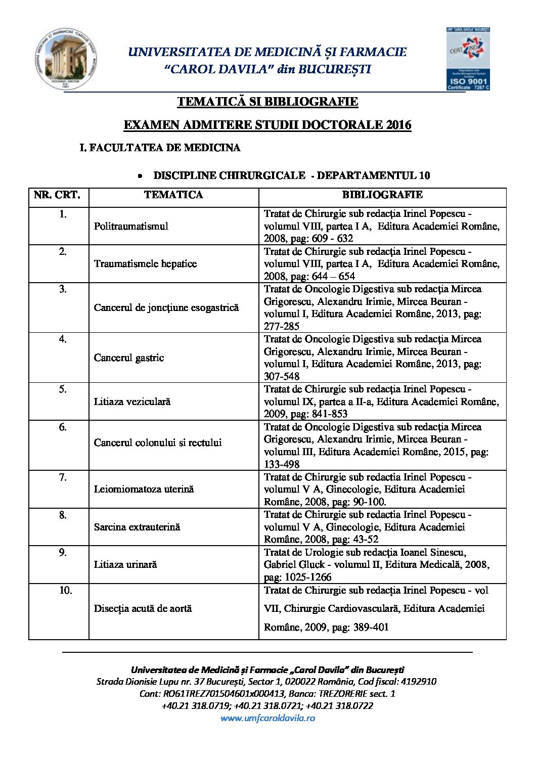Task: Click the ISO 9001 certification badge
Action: pyautogui.click(x=468, y=59)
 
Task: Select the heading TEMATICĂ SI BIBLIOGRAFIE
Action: pyautogui.click(x=268, y=102)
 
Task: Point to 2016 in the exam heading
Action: pyautogui.click(x=398, y=125)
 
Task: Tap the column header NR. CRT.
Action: pyautogui.click(x=57, y=195)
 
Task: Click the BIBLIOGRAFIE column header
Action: pyautogui.click(x=382, y=195)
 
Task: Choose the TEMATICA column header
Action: pyautogui.click(x=173, y=195)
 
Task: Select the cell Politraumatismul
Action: pyautogui.click(x=131, y=226)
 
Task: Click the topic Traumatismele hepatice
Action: pyautogui.click(x=145, y=263)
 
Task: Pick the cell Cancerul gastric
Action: pyautogui.click(x=129, y=358)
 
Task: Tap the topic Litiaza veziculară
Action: pyautogui.click(x=132, y=402)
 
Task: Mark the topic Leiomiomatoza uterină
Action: pyautogui.click(x=144, y=489)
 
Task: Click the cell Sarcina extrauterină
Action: pyautogui.click(x=137, y=527)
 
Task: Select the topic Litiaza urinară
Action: pyautogui.click(x=125, y=564)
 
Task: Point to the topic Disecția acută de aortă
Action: pyautogui.click(x=143, y=608)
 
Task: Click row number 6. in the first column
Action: pyautogui.click(x=63, y=427)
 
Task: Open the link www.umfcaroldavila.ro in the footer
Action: pyautogui.click(x=268, y=718)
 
